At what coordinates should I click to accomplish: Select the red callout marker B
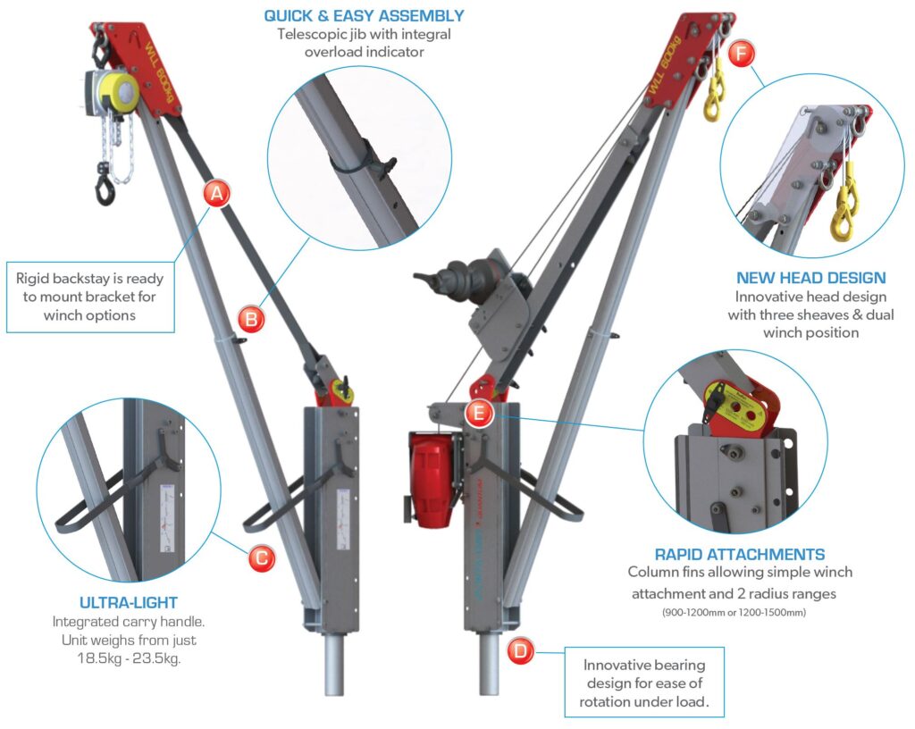tap(251, 316)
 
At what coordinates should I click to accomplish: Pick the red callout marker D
tap(520, 649)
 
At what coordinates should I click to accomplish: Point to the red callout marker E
tap(479, 412)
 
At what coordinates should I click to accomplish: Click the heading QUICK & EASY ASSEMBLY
tap(364, 15)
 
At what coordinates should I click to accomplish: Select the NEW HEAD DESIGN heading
tap(810, 278)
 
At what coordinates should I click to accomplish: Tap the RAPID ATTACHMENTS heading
tap(739, 554)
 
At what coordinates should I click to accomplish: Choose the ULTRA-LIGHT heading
tap(129, 603)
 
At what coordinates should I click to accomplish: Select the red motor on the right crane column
tap(430, 479)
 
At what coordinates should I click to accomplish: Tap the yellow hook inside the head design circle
tap(843, 214)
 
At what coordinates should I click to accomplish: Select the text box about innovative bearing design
tap(643, 683)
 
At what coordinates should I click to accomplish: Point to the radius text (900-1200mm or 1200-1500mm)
tap(739, 613)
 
